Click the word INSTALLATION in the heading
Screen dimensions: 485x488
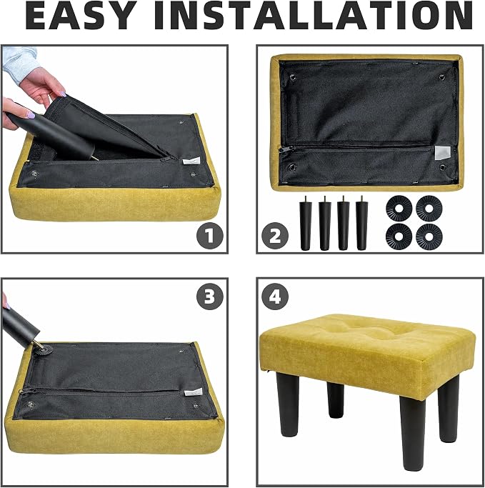pyautogui.click(x=313, y=16)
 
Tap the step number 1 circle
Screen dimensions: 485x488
pyautogui.click(x=210, y=236)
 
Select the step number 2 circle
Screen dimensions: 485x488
pyautogui.click(x=275, y=236)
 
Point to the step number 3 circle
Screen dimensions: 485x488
pyautogui.click(x=210, y=297)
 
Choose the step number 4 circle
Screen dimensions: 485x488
pyautogui.click(x=275, y=297)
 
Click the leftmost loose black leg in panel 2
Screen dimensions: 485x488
pyautogui.click(x=306, y=223)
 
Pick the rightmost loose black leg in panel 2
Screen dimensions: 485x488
pyautogui.click(x=361, y=223)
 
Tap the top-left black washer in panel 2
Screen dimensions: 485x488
pyautogui.click(x=399, y=208)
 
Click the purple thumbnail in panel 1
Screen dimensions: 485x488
pyautogui.click(x=31, y=115)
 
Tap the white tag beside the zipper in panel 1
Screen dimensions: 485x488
pyautogui.click(x=191, y=161)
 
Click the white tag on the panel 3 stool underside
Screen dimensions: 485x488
pyautogui.click(x=193, y=392)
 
